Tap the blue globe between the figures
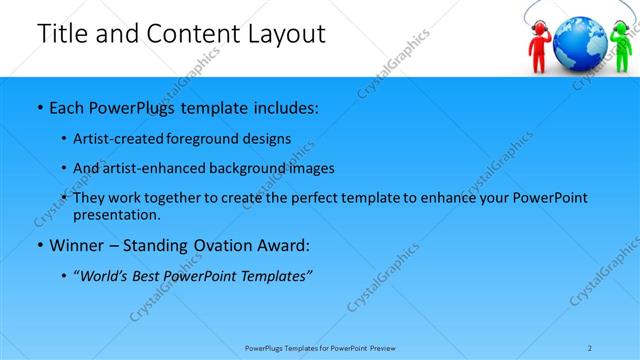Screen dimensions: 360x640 pos(577,40)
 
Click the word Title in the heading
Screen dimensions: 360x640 pos(62,34)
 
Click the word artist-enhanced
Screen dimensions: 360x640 pos(156,168)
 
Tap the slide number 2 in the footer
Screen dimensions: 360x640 pos(590,348)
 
